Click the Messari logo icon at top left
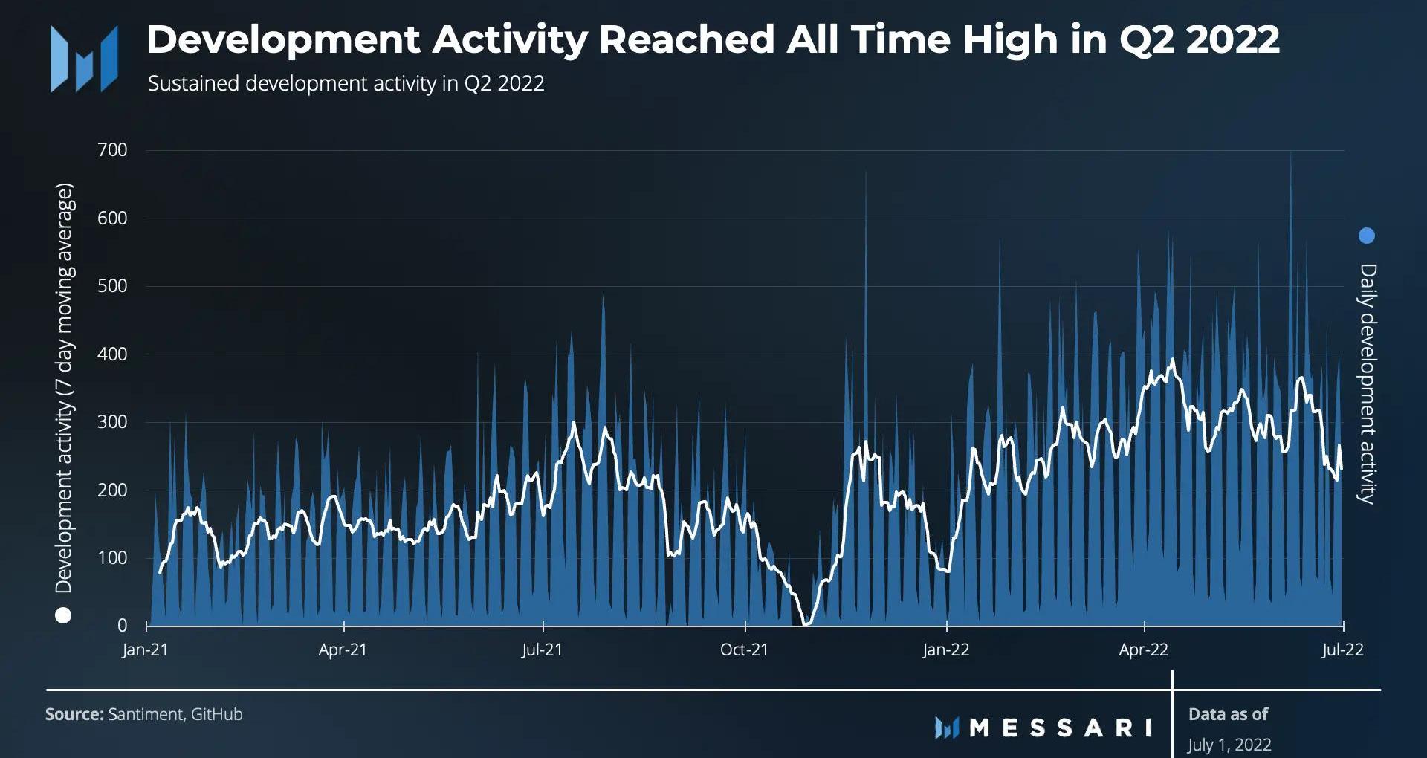(84, 59)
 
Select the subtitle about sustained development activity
(346, 83)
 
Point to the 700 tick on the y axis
(112, 150)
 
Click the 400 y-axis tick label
(112, 354)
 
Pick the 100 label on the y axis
(112, 558)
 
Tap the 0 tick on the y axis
(122, 626)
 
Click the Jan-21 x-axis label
(145, 650)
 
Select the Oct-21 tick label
(744, 650)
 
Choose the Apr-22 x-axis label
(1143, 650)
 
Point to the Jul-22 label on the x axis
(1342, 650)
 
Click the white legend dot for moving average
(63, 615)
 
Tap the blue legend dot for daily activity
(1366, 236)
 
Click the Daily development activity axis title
(1368, 383)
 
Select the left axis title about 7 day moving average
(65, 387)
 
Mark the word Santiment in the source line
(145, 715)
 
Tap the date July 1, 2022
(1229, 745)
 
